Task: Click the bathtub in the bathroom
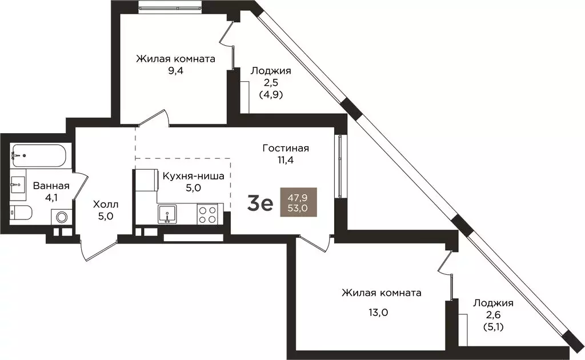pyautogui.click(x=38, y=155)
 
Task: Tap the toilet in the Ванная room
pyautogui.click(x=21, y=213)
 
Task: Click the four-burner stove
pyautogui.click(x=207, y=214)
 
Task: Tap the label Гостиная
pyautogui.click(x=286, y=148)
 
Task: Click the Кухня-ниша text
pyautogui.click(x=193, y=175)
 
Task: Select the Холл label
pyautogui.click(x=106, y=205)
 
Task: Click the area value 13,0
pyautogui.click(x=378, y=312)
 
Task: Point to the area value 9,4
pyautogui.click(x=175, y=70)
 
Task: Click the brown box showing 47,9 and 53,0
pyautogui.click(x=298, y=202)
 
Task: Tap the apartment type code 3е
pyautogui.click(x=260, y=203)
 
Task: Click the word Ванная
pyautogui.click(x=51, y=185)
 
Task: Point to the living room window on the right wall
pyautogui.click(x=340, y=166)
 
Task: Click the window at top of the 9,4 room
pyautogui.click(x=170, y=7)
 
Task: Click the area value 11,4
pyautogui.click(x=286, y=160)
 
